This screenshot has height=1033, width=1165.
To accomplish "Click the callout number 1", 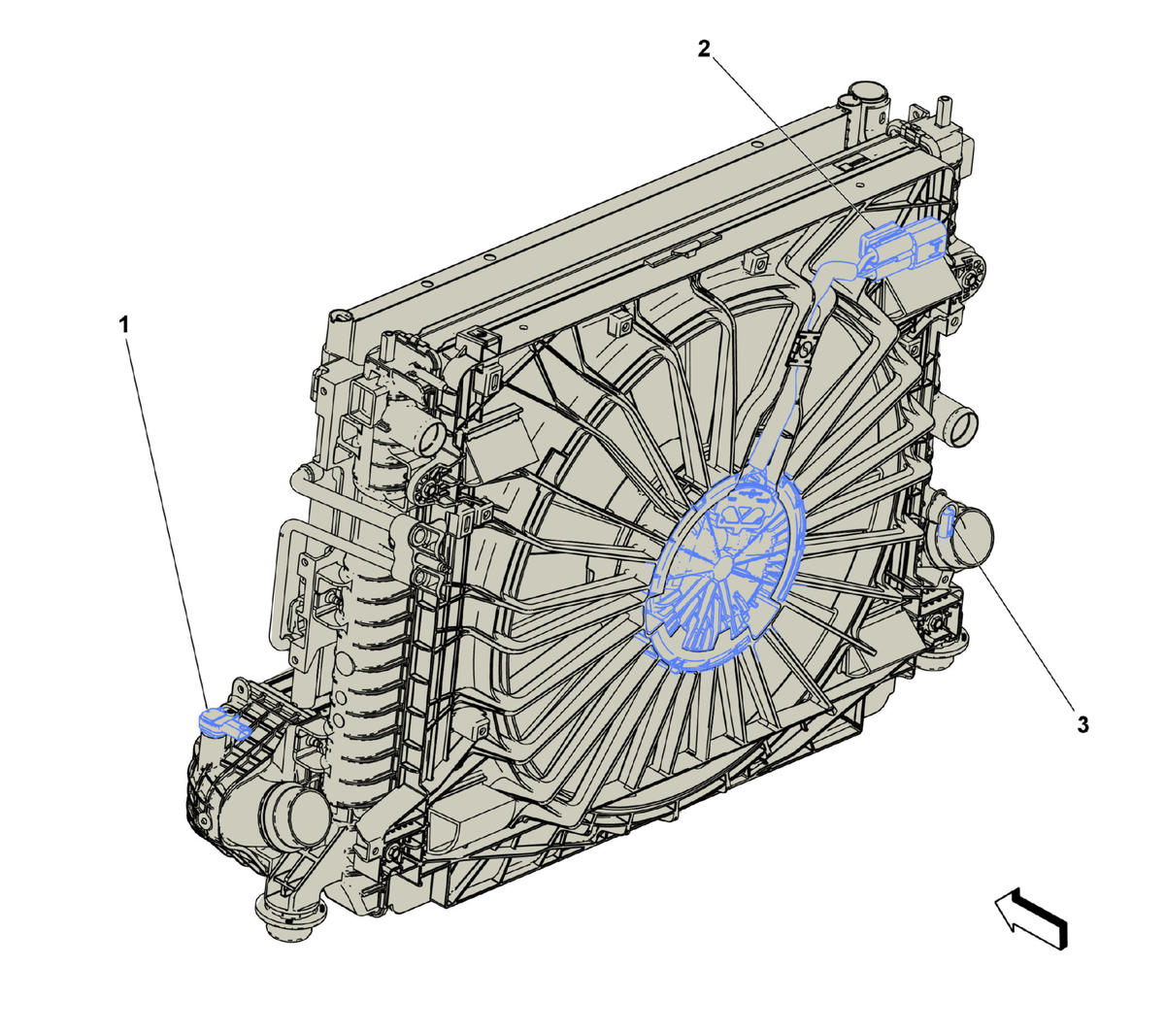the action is [x=123, y=325].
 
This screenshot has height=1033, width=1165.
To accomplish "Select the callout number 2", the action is [x=704, y=49].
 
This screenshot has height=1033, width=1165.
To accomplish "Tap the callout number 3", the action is [x=1082, y=724].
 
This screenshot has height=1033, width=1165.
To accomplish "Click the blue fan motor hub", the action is [x=722, y=570].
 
